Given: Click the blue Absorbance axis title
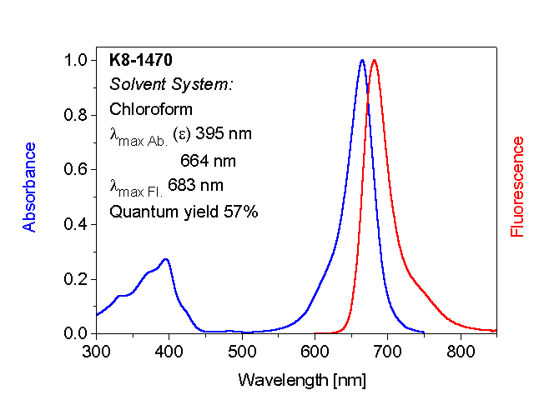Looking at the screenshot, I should point(30,187).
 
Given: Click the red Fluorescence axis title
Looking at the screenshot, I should point(517,187).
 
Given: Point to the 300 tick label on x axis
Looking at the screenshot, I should point(97,352).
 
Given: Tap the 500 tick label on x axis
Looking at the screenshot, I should point(242,352).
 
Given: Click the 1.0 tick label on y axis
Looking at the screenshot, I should point(76,61).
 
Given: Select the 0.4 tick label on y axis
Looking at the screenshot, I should point(76,224).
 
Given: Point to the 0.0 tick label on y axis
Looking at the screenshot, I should point(76,333).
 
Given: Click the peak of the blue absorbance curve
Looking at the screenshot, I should point(362,61).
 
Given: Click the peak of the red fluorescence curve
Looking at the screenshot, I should point(375,61).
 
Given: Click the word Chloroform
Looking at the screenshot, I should point(151,109).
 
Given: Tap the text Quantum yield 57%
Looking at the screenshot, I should point(184,212).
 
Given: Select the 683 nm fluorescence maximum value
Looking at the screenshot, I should point(192,185).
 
